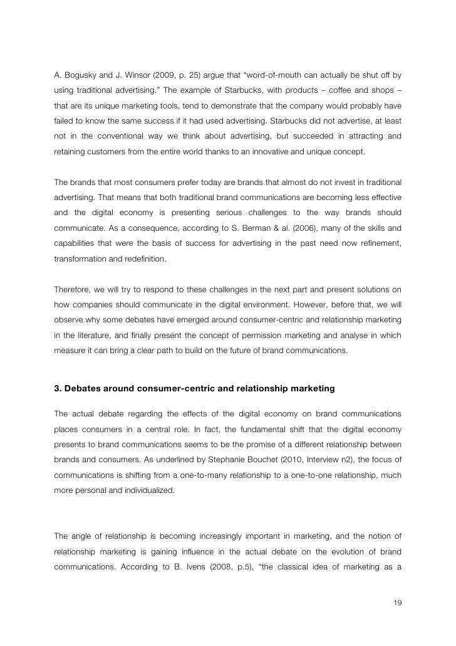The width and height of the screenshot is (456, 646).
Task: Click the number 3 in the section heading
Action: tap(57, 389)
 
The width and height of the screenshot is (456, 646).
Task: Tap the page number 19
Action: tap(396, 603)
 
